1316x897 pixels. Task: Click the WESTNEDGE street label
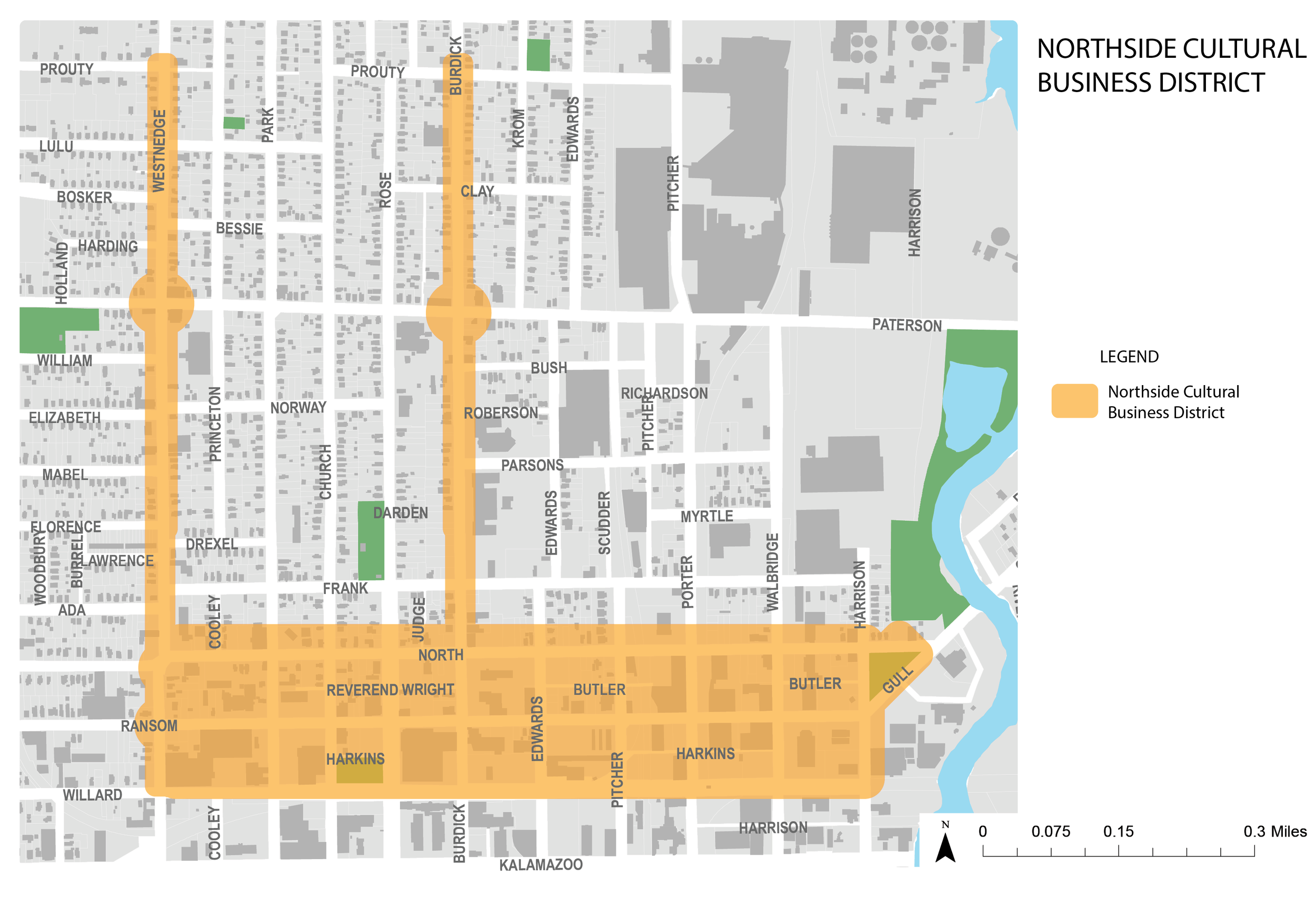click(159, 150)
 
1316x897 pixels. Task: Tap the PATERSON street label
click(906, 326)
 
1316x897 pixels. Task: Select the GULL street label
click(898, 680)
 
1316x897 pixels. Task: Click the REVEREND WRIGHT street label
click(390, 690)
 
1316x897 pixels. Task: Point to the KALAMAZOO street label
click(540, 865)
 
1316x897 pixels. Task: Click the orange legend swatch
click(1074, 401)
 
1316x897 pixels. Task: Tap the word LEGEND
click(1129, 357)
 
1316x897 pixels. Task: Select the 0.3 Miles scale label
click(1274, 831)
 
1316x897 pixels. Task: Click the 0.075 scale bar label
click(1050, 831)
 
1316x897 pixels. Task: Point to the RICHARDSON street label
click(664, 394)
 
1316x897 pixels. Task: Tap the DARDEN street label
click(401, 513)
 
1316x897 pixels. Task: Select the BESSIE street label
click(239, 229)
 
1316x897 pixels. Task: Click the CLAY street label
click(477, 192)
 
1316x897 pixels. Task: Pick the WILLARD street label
click(92, 794)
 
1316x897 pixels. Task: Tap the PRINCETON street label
click(215, 424)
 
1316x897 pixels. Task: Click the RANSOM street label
click(149, 725)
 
